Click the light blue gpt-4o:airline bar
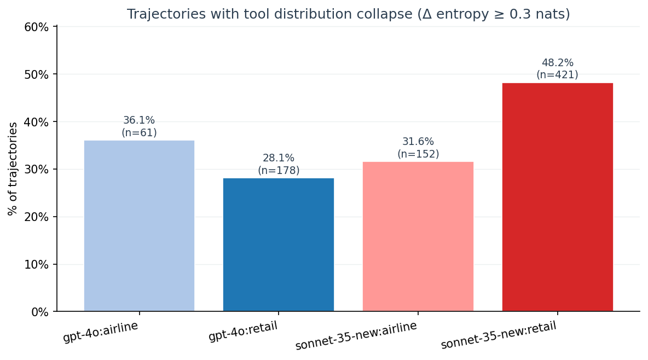coord(139,226)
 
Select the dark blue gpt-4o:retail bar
coord(279,245)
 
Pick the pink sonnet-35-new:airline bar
coord(418,236)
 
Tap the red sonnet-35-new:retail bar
coord(557,197)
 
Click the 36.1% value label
coord(139,120)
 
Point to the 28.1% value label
coord(279,158)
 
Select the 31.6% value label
coord(418,142)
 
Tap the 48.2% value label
coord(557,63)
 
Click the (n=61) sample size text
coord(139,132)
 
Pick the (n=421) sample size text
coord(557,75)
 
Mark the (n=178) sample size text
coord(279,170)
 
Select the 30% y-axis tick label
coord(37,170)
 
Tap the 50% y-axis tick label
coord(37,74)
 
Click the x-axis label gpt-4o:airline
coord(101,332)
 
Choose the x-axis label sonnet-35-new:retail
coord(499,335)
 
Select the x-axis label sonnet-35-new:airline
coord(356,336)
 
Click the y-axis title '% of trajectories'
coord(13,169)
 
